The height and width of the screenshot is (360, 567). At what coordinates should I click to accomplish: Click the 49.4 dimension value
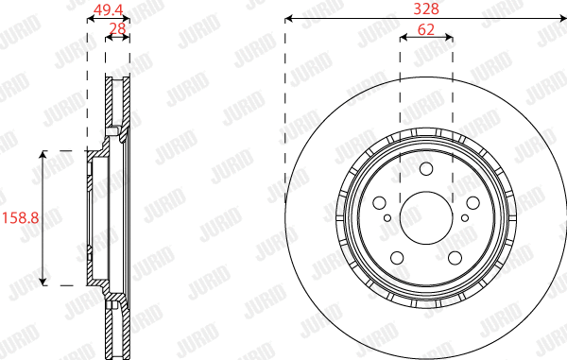[x=107, y=10]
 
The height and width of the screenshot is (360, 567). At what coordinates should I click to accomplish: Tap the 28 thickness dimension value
[x=118, y=28]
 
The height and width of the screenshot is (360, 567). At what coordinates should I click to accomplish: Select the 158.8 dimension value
[x=19, y=217]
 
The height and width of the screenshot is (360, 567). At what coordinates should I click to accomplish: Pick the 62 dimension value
[x=425, y=28]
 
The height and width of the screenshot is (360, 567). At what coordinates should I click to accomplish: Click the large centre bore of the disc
[x=425, y=216]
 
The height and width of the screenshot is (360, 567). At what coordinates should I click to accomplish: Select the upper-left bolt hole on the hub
[x=380, y=202]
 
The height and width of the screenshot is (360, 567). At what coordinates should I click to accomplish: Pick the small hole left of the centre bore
[x=387, y=218]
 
